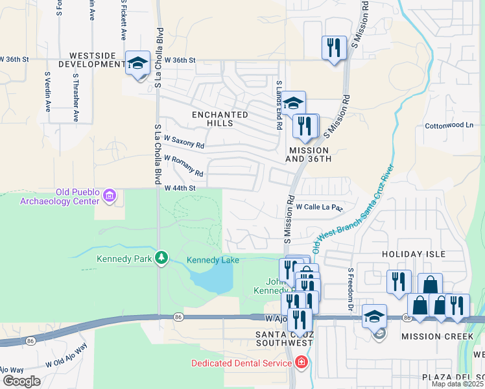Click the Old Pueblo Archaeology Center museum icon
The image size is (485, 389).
tap(109, 194)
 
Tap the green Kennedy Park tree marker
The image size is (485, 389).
tap(161, 259)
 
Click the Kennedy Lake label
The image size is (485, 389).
tap(213, 260)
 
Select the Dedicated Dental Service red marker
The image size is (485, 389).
tap(300, 362)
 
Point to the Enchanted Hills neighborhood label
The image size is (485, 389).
tap(220, 119)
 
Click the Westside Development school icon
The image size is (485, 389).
tap(137, 64)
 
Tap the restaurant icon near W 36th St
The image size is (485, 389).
tap(334, 47)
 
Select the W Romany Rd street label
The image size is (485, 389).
tap(184, 166)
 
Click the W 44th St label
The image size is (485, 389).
tap(180, 188)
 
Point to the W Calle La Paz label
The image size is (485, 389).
tap(318, 207)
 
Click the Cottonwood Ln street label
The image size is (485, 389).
tap(449, 124)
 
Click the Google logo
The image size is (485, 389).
tap(21, 381)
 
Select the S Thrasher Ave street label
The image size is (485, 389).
tap(75, 97)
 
